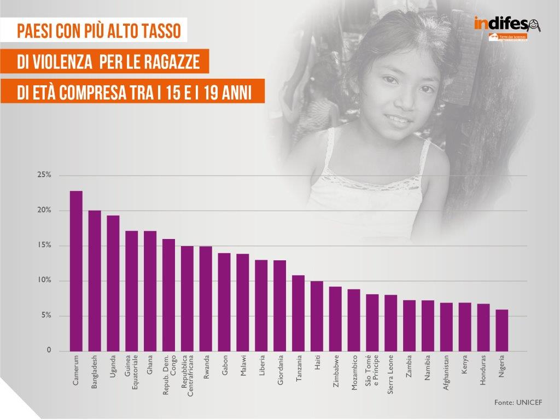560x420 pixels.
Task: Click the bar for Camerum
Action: click(x=76, y=271)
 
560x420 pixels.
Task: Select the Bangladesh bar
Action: click(x=95, y=281)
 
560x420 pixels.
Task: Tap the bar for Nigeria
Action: click(x=502, y=330)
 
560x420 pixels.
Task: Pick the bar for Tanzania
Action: click(x=298, y=313)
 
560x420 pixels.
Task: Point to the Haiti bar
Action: click(x=317, y=316)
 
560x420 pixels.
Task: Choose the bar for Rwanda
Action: click(x=206, y=299)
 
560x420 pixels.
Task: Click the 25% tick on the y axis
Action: click(x=44, y=175)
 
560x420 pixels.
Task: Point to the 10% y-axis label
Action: click(x=44, y=281)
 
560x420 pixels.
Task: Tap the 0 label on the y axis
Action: click(x=48, y=351)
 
